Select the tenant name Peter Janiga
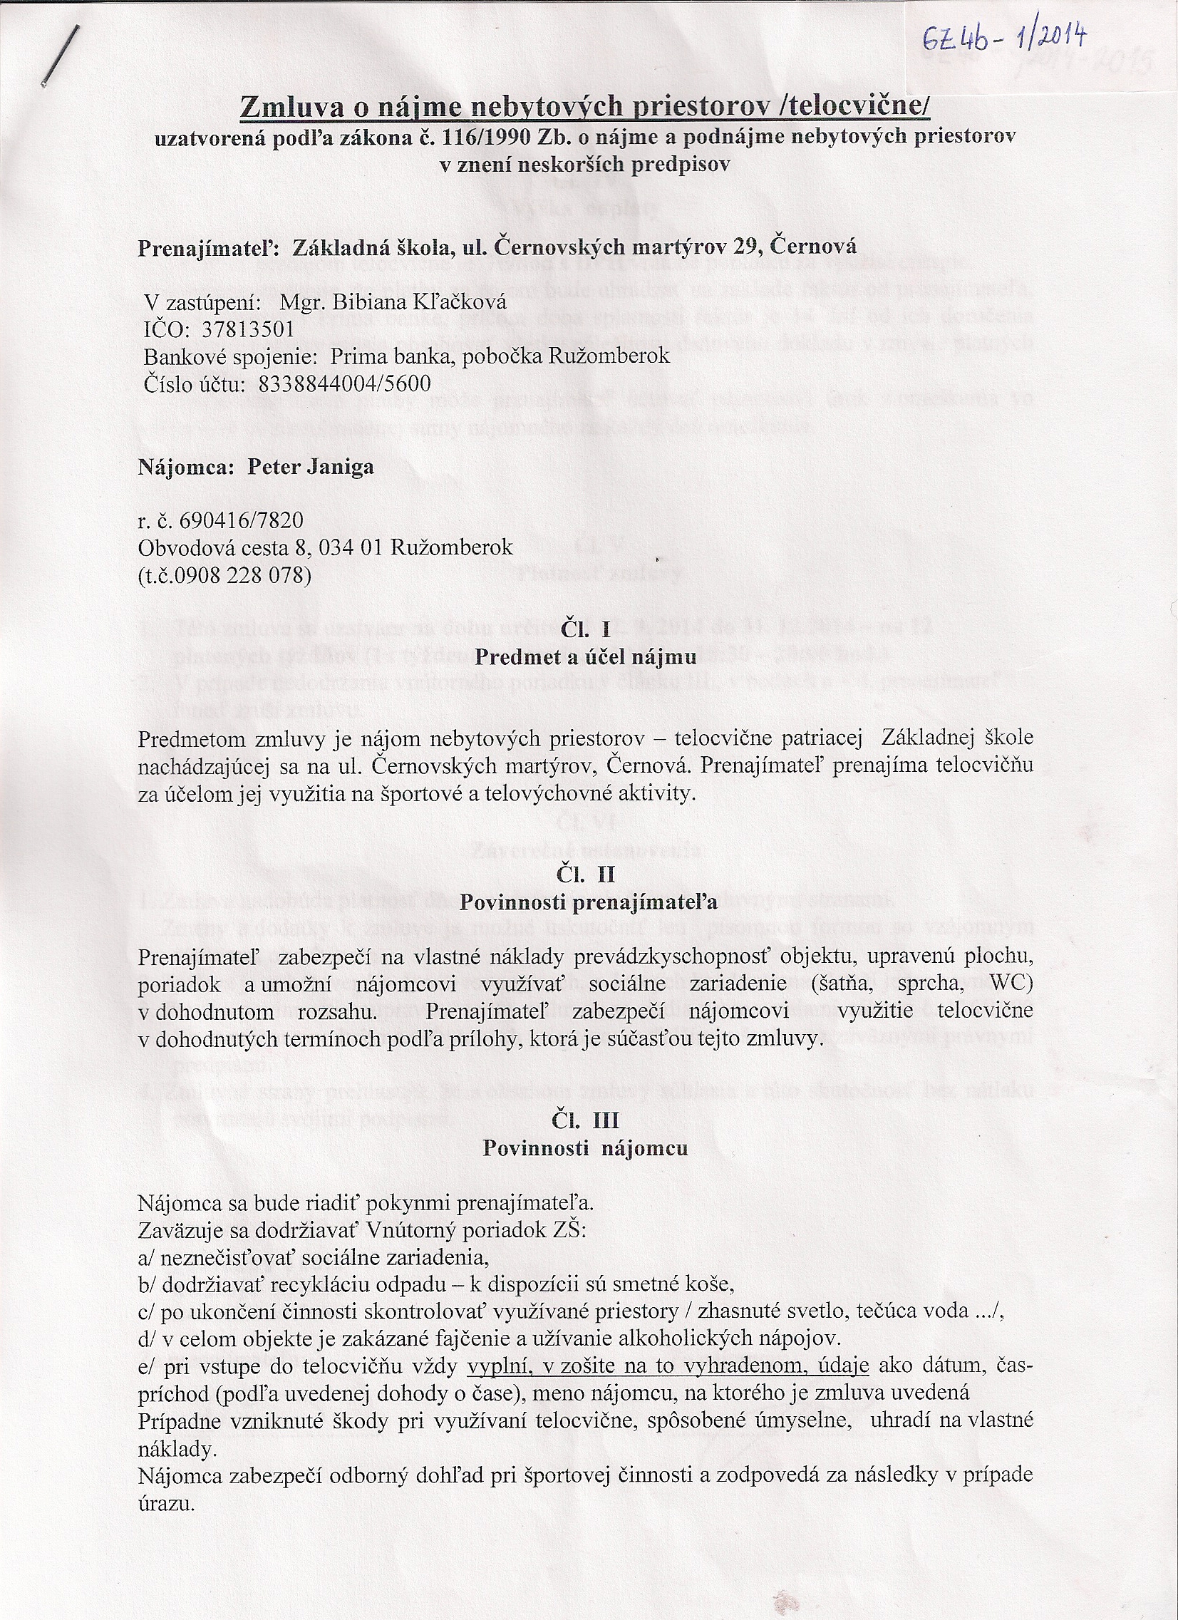310,467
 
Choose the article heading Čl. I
584,629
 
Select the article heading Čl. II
584,874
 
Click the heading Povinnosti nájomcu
585,1148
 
